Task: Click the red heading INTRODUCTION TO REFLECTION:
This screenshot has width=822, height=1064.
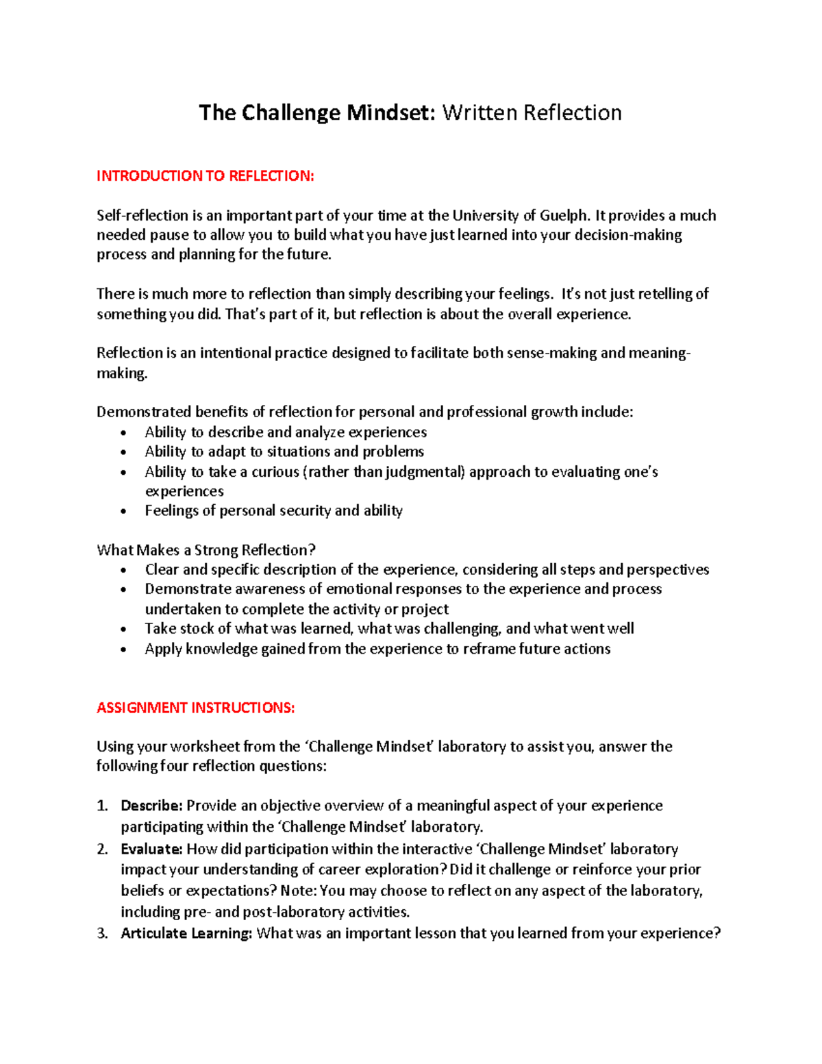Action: point(205,176)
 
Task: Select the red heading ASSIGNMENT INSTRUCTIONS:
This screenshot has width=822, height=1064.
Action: point(195,708)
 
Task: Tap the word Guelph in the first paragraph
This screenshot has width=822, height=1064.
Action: point(564,216)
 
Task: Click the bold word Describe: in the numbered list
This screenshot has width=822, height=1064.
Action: point(151,806)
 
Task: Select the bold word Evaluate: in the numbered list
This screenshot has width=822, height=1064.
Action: point(151,850)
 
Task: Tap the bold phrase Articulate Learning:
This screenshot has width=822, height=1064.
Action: point(186,933)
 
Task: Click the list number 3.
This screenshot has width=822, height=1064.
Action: point(102,933)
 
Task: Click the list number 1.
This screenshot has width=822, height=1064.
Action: point(102,806)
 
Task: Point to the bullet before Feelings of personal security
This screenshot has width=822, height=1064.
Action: point(123,511)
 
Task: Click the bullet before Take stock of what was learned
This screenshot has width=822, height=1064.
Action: point(123,629)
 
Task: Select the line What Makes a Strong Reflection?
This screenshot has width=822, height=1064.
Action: point(206,550)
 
